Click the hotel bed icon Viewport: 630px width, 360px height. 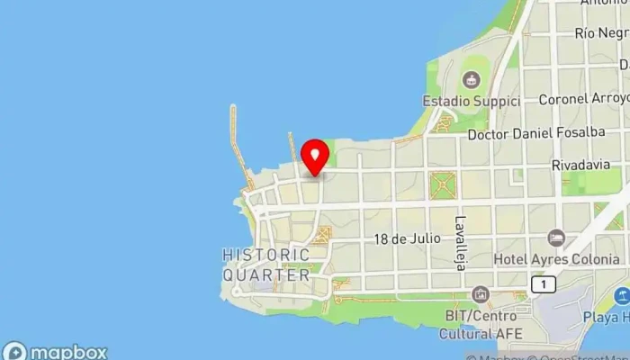click(x=556, y=238)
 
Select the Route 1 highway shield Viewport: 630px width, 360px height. click(x=543, y=284)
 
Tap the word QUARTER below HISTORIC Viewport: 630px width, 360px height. click(x=265, y=274)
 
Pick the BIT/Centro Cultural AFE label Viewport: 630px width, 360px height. click(x=481, y=324)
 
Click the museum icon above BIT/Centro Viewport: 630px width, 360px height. click(x=481, y=294)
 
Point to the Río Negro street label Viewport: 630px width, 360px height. click(x=599, y=33)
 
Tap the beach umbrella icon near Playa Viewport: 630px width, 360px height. click(x=621, y=295)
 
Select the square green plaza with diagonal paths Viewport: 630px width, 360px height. click(x=442, y=185)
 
